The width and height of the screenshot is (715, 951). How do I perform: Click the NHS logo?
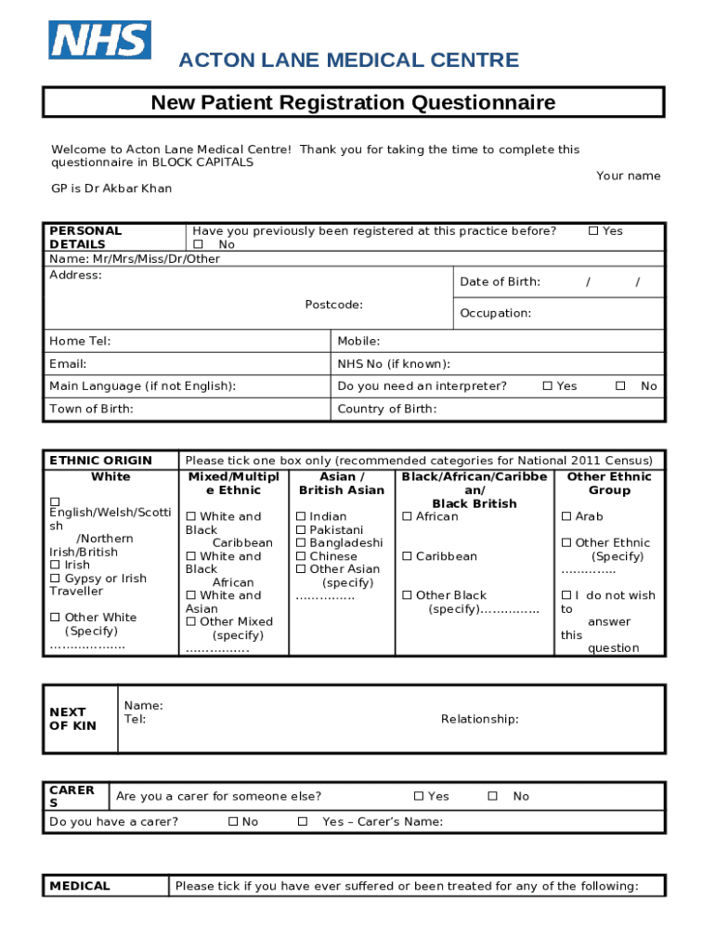pyautogui.click(x=99, y=40)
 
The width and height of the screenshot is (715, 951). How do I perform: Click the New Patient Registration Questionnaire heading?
pyautogui.click(x=353, y=102)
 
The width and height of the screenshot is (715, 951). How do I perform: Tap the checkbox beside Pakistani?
pyautogui.click(x=301, y=530)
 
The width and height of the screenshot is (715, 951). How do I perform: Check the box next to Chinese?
pyautogui.click(x=301, y=556)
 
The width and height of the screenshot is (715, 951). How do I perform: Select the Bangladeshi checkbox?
pyautogui.click(x=301, y=543)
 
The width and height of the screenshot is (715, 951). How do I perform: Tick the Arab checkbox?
pyautogui.click(x=566, y=517)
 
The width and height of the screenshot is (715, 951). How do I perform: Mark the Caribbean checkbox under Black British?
pyautogui.click(x=407, y=556)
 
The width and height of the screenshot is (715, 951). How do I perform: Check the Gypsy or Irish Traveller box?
pyautogui.click(x=55, y=579)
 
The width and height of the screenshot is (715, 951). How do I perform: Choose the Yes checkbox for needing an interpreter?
pyautogui.click(x=548, y=386)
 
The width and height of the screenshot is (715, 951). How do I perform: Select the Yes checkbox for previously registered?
pyautogui.click(x=593, y=231)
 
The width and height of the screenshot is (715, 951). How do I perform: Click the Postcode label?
pyautogui.click(x=333, y=305)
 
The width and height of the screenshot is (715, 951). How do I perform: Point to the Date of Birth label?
pyautogui.click(x=500, y=282)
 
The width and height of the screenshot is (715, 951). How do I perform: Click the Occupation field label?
pyautogui.click(x=495, y=313)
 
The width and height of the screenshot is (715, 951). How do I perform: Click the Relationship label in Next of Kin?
pyautogui.click(x=479, y=719)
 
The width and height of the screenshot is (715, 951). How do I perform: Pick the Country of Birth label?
pyautogui.click(x=387, y=409)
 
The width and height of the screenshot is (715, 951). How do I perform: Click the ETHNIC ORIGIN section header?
pyautogui.click(x=100, y=461)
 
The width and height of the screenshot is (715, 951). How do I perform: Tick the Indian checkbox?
pyautogui.click(x=301, y=517)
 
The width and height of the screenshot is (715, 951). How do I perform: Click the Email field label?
pyautogui.click(x=68, y=364)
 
